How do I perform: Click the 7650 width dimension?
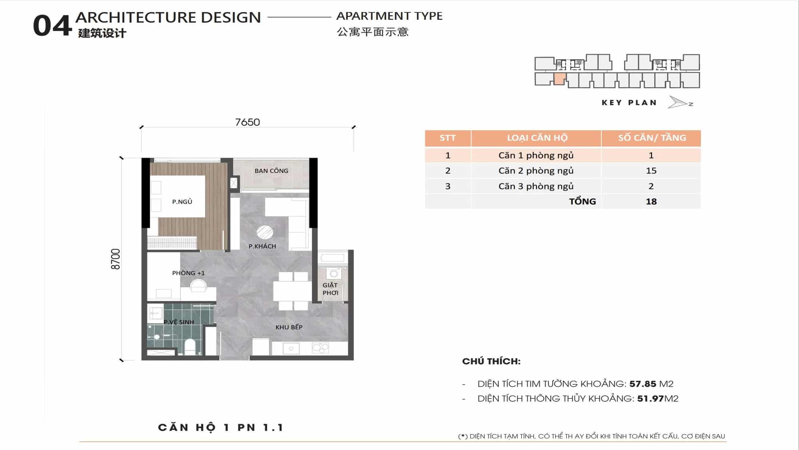[247, 122]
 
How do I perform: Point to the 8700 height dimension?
[115, 259]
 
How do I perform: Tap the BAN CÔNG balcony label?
[271, 171]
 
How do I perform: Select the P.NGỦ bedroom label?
[182, 202]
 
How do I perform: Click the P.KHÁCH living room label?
[262, 246]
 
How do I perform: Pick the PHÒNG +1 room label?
[188, 273]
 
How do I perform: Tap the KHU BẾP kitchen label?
[289, 327]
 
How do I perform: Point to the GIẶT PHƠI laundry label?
[330, 289]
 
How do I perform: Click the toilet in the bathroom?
[190, 346]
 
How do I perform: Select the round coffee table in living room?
[264, 232]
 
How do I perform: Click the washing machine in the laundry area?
[334, 274]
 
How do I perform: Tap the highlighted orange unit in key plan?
[560, 79]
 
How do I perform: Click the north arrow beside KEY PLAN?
[678, 102]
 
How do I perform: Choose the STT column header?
[447, 138]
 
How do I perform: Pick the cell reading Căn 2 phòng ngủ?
[536, 171]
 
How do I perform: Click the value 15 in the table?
[651, 171]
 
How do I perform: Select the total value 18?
[651, 202]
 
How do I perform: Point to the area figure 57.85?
[642, 384]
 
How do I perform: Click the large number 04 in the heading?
[52, 26]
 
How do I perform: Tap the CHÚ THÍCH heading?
[491, 361]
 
